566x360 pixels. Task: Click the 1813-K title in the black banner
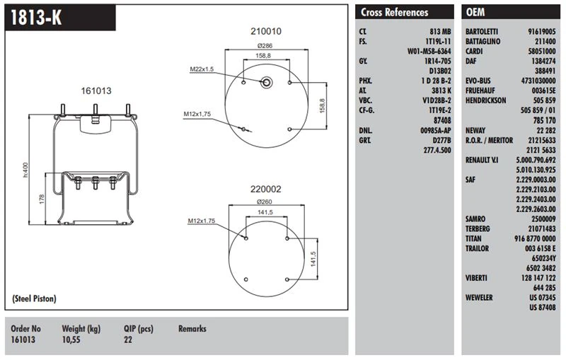click(x=33, y=18)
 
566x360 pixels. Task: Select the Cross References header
click(x=394, y=12)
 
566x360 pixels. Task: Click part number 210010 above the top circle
click(x=266, y=32)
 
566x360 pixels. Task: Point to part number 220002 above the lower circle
click(x=266, y=189)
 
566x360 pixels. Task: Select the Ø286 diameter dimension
click(x=265, y=45)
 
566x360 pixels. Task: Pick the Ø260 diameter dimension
click(x=265, y=202)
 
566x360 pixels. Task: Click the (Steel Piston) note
click(x=34, y=299)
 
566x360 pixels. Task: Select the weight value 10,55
click(x=73, y=340)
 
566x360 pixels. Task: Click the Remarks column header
click(x=192, y=329)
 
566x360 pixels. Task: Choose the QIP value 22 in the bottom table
click(x=128, y=340)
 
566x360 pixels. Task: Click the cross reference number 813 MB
click(x=440, y=32)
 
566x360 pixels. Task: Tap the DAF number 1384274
click(x=541, y=62)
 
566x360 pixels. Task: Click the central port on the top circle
click(x=267, y=81)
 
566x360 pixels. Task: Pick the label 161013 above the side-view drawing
click(x=96, y=91)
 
